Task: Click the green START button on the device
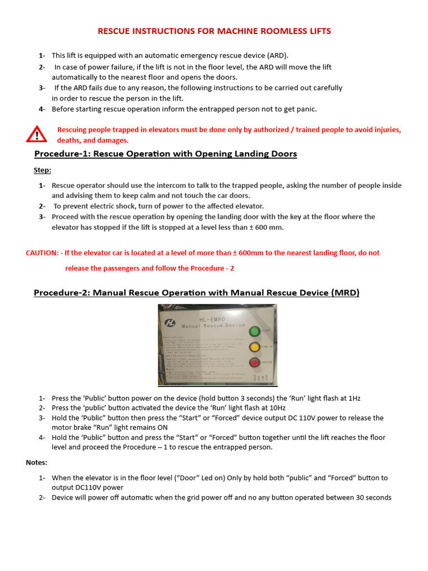tap(255, 331)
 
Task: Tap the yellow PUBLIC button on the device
tap(255, 347)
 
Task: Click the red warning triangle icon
tap(36, 134)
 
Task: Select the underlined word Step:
tap(42, 170)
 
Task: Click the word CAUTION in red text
tap(42, 253)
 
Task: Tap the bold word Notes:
tap(37, 462)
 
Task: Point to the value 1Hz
tap(352, 398)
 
